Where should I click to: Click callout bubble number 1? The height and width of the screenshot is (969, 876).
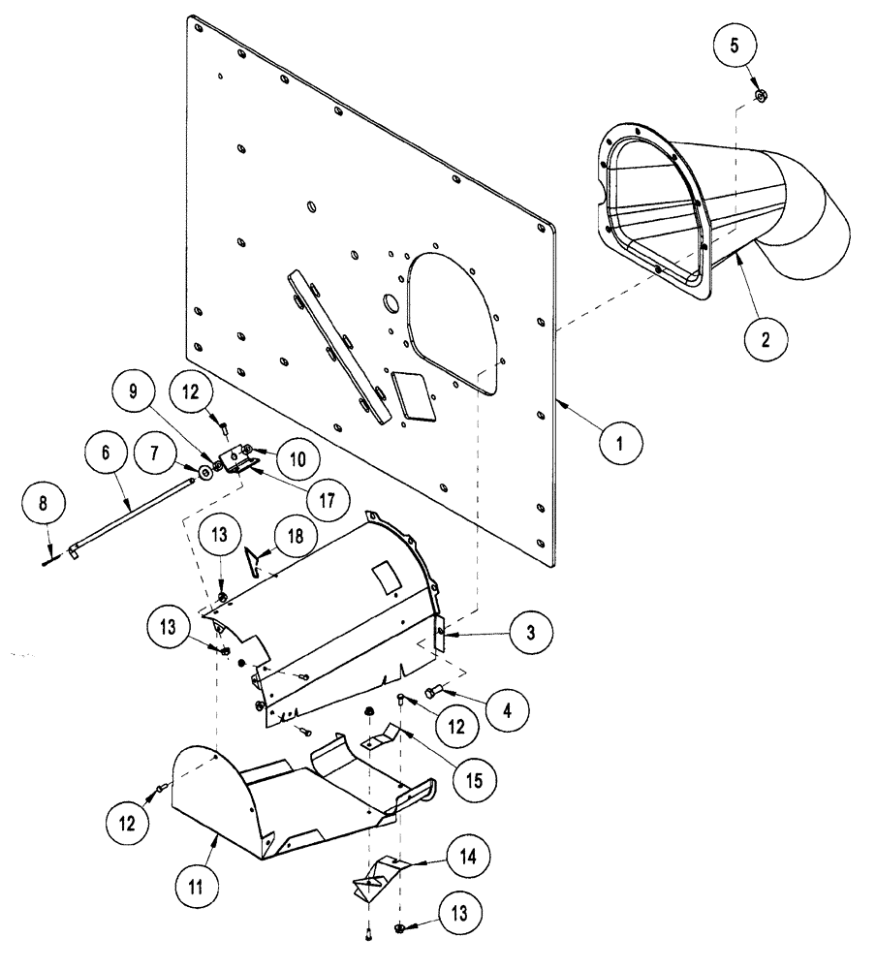(x=620, y=444)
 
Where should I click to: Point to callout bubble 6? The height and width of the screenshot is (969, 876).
(x=106, y=452)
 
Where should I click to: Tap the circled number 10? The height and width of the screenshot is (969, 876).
(x=295, y=454)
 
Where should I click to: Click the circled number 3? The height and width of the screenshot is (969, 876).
(x=529, y=633)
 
